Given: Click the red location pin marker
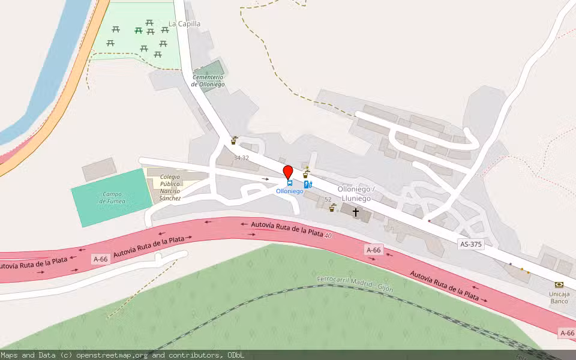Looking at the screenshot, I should [x=288, y=172].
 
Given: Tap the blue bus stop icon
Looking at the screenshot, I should [x=289, y=183].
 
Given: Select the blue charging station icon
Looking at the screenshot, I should [x=308, y=185].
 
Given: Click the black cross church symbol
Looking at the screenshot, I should [x=356, y=212].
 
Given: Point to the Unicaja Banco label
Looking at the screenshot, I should [x=559, y=297].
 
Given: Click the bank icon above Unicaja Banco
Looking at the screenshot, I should [x=559, y=284].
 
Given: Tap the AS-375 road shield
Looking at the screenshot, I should [x=470, y=244].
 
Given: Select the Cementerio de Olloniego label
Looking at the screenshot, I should [x=208, y=81].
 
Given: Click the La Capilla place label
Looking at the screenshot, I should [x=184, y=24].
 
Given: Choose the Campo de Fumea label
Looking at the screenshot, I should [x=113, y=197].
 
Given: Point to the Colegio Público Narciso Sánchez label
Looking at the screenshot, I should [x=170, y=187].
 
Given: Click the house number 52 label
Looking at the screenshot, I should [x=328, y=199].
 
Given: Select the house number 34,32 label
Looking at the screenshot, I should [x=241, y=158].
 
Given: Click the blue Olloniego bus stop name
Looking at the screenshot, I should [x=289, y=191].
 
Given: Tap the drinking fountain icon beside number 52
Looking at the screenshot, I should [x=332, y=208].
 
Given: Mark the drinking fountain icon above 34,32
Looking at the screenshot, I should [x=234, y=141].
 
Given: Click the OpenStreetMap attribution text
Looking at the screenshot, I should [x=122, y=355].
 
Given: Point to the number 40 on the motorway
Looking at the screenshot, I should [x=328, y=235].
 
